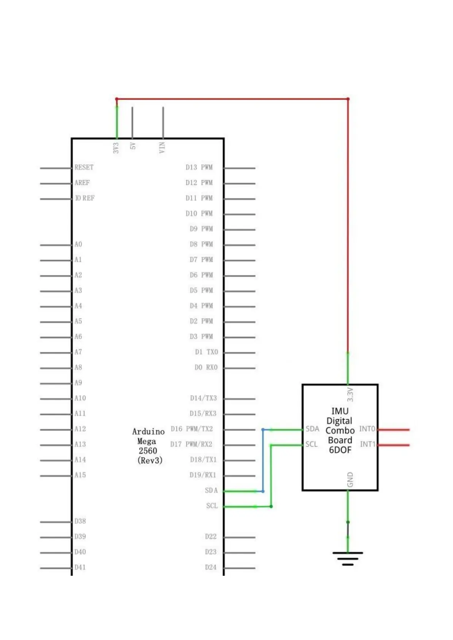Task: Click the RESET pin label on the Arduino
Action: [x=84, y=167]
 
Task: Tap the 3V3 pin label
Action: [x=116, y=147]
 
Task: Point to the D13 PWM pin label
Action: [x=199, y=167]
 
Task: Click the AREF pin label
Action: [x=82, y=183]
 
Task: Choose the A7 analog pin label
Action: [x=78, y=352]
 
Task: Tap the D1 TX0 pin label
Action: [x=206, y=352]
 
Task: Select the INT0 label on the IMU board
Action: [x=367, y=429]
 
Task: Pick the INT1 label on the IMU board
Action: [x=367, y=444]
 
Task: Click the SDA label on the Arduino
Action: [x=211, y=490]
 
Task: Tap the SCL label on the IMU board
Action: [x=311, y=444]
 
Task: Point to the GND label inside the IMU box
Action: [x=350, y=479]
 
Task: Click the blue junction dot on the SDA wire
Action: [x=263, y=429]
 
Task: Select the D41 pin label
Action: [x=80, y=567]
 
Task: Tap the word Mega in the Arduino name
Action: [x=146, y=441]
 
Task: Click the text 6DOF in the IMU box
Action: [x=340, y=450]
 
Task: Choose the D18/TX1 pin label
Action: [x=203, y=459]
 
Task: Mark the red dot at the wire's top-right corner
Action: [x=348, y=99]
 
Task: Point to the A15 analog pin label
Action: [x=80, y=475]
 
